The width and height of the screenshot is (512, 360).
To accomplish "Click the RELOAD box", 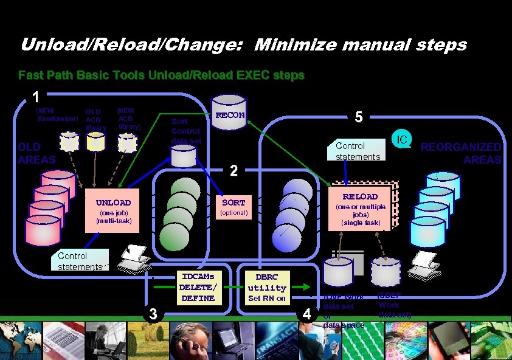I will coord(360,206).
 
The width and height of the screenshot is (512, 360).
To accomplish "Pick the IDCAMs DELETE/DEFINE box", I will coord(198,287).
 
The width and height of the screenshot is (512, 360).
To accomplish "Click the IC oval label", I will coord(401,140).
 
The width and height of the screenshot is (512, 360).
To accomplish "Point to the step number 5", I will coord(359,118).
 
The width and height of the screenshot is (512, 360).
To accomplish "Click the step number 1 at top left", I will coord(36,97).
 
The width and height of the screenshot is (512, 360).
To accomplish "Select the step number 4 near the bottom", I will coord(308,314).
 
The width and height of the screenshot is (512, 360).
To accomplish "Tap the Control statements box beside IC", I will coord(358,150).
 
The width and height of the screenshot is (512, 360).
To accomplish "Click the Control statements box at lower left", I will coord(80,261).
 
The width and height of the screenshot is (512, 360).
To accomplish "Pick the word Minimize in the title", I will coord(291,44).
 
